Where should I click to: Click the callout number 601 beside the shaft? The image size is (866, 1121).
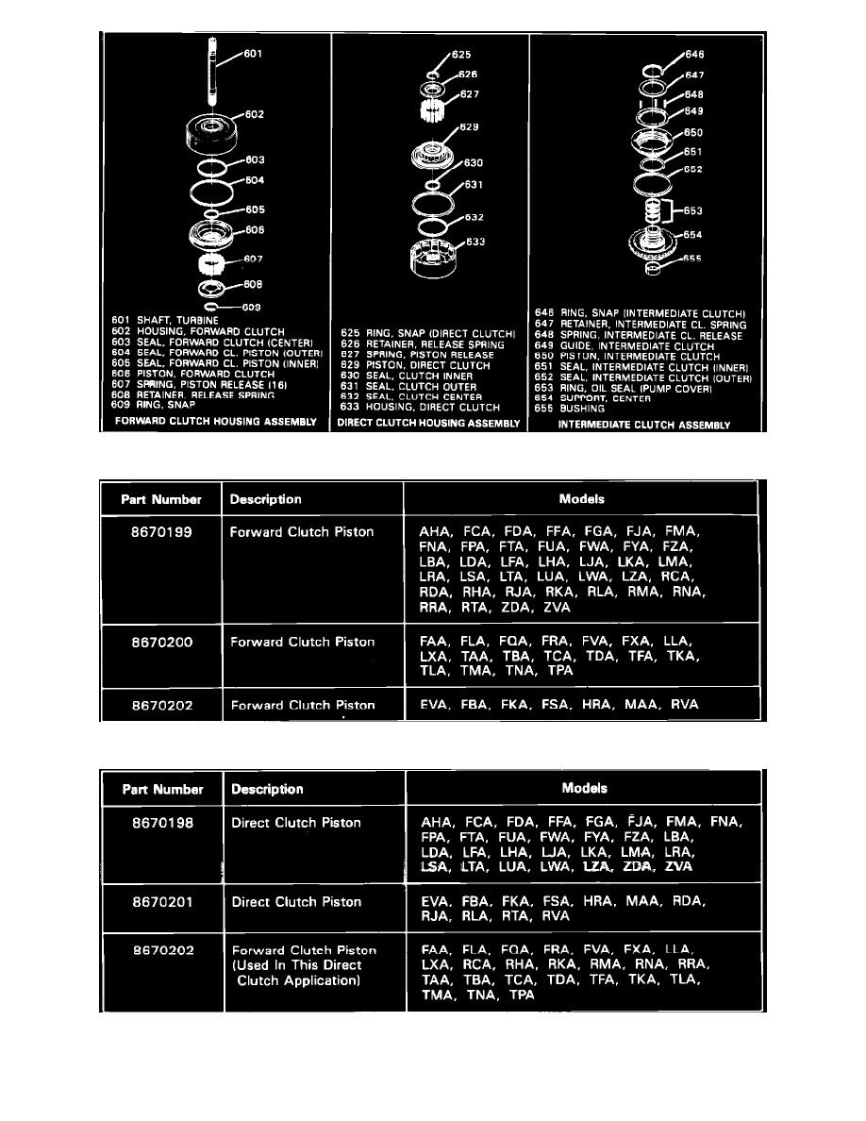point(252,54)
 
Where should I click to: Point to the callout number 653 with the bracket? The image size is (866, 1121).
point(693,210)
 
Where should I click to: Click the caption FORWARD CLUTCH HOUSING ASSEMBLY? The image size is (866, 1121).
point(215,422)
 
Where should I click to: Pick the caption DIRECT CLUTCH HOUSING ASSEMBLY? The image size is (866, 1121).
point(429,425)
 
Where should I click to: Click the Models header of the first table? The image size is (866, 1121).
point(581,499)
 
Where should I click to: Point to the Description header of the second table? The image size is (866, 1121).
point(267,790)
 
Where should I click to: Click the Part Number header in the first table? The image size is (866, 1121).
point(160,500)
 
